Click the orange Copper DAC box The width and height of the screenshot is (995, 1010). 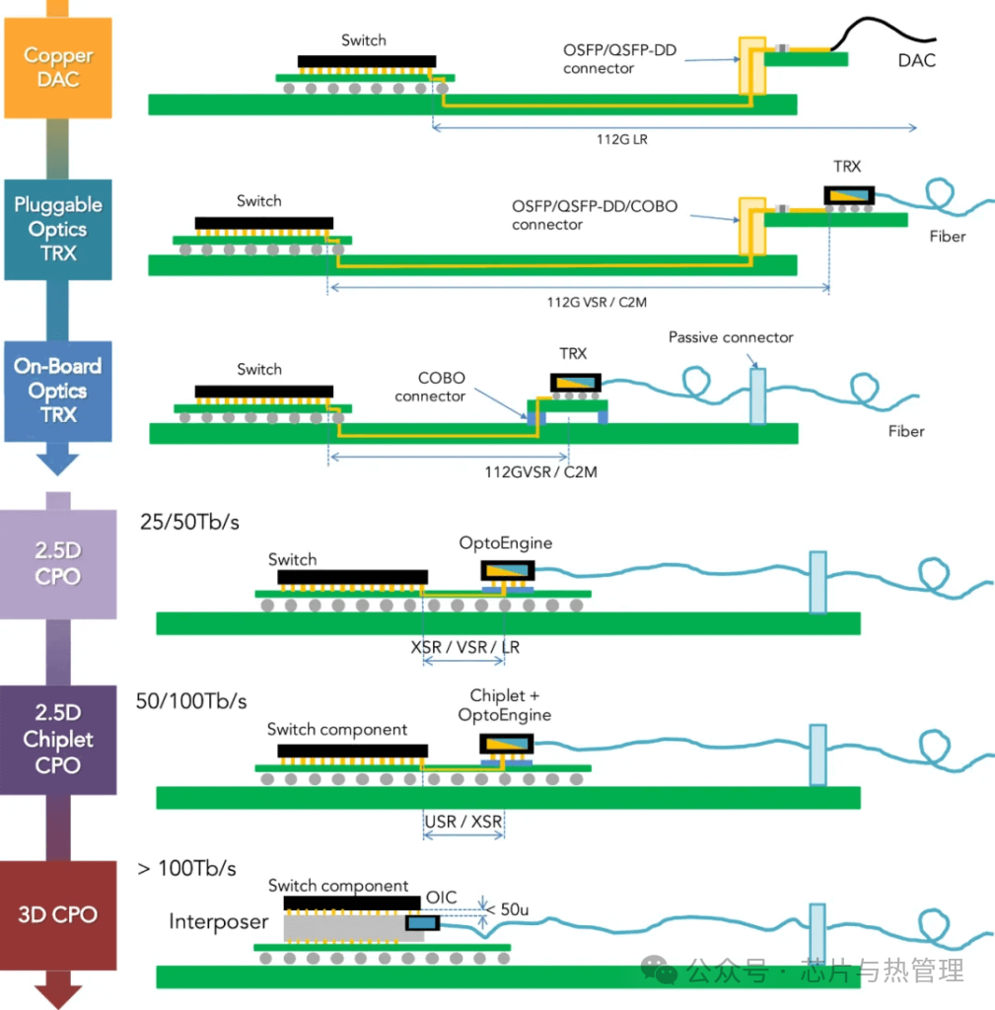(x=58, y=68)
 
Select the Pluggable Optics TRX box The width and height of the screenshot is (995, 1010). (x=58, y=229)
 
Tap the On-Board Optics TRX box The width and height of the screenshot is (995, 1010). (x=58, y=391)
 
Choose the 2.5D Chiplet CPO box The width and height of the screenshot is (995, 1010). (x=58, y=740)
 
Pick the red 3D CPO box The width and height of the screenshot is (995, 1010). (x=58, y=914)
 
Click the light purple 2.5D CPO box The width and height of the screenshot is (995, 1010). (x=58, y=564)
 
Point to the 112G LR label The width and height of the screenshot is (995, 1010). (x=622, y=139)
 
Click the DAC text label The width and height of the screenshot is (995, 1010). (x=916, y=60)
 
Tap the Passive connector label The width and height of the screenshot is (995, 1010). (x=731, y=337)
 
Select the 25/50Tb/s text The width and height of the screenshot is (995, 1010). (x=189, y=522)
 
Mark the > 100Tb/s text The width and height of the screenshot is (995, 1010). (x=186, y=868)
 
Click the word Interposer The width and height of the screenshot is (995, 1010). (x=218, y=922)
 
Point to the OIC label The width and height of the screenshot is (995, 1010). (x=441, y=898)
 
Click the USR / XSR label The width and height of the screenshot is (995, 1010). (x=463, y=822)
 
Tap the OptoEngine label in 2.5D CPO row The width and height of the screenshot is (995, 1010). (x=506, y=543)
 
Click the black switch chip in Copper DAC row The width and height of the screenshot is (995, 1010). (x=367, y=62)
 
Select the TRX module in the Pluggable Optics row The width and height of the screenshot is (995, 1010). (x=849, y=195)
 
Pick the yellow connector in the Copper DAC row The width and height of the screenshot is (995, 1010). (x=752, y=66)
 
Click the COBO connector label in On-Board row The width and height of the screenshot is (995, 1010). (x=430, y=387)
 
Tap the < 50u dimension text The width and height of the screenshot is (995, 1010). (x=508, y=909)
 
